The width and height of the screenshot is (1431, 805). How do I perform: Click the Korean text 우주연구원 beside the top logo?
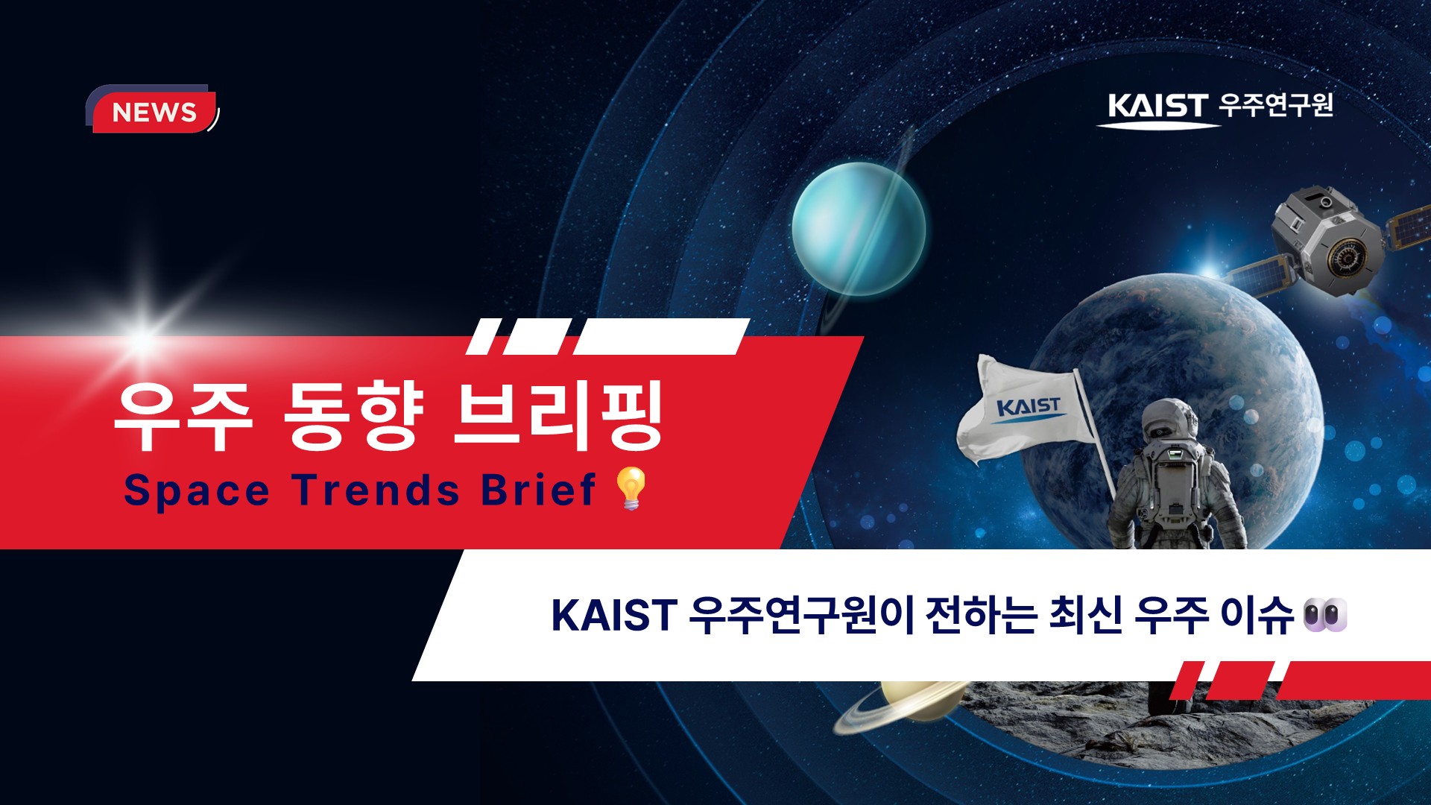click(1277, 105)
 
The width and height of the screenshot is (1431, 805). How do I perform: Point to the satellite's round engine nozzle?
click(1346, 258)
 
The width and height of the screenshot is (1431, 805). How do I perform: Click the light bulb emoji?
click(631, 488)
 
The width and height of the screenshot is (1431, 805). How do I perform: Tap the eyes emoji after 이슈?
click(1325, 615)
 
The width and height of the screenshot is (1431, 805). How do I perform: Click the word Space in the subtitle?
click(197, 490)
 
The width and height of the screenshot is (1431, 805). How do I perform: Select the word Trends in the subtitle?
click(376, 490)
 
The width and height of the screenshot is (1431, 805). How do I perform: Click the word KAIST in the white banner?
click(613, 615)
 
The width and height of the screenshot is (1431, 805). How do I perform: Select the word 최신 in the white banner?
click(1085, 615)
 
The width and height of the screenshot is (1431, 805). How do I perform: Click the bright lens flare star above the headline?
click(142, 340)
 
